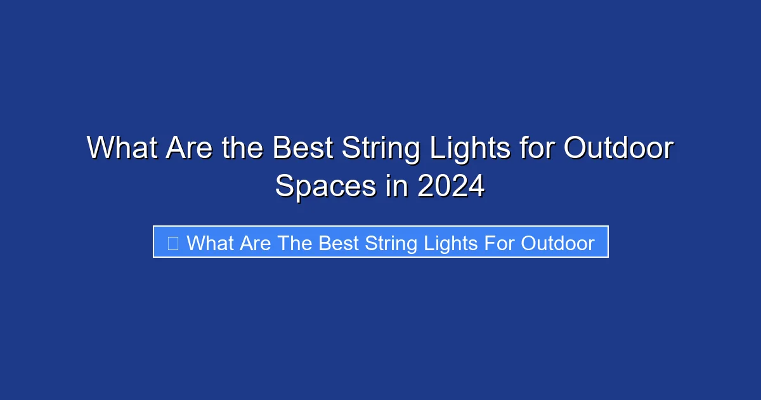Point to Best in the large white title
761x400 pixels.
(302, 149)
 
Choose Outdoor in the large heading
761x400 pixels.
(618, 149)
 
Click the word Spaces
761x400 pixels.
(325, 187)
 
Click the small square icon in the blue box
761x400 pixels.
(172, 243)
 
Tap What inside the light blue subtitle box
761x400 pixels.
(209, 243)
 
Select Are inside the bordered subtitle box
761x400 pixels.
(255, 243)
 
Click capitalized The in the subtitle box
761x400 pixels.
(295, 243)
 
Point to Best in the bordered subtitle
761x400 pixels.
(339, 243)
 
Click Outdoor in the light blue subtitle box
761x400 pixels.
(558, 243)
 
